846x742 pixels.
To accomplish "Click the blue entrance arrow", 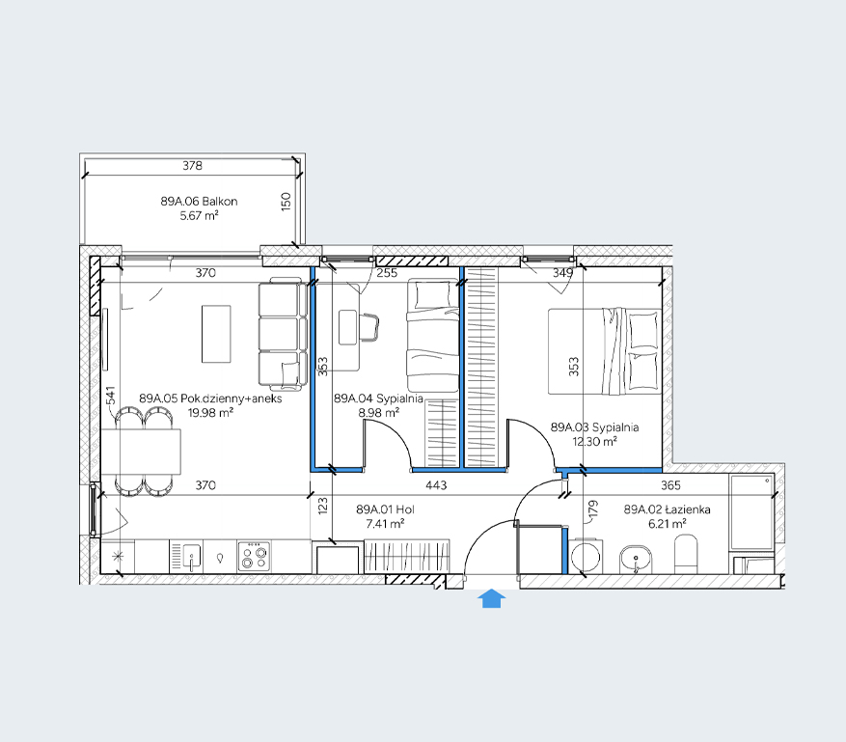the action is tap(491, 598).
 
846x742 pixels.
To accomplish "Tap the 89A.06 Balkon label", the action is tap(199, 202).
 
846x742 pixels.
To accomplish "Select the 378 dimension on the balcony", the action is tap(192, 165).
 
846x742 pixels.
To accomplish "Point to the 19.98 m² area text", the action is tap(210, 413).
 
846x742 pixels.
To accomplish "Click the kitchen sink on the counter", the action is tap(187, 557).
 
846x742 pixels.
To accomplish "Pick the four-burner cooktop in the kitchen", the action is tap(254, 557).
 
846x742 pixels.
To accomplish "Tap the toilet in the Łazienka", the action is tap(686, 554).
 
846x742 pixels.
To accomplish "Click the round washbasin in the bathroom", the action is tap(636, 560).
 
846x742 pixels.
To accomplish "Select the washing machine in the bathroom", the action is tap(586, 557).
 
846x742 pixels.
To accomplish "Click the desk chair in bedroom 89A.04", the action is tap(369, 327).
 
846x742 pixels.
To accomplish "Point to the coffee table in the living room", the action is tap(216, 334).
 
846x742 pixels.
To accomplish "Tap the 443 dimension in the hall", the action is tap(436, 485).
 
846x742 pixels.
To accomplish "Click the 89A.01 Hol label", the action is tap(385, 509).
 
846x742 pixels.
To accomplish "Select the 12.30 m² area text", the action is tap(594, 441).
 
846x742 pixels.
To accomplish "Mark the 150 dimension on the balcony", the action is tap(286, 202).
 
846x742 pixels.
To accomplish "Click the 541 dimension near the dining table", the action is tap(111, 395).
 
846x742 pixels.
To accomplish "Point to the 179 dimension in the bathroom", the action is tap(593, 510).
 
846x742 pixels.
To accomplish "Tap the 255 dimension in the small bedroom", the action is tap(387, 273).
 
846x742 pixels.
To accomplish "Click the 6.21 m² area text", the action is tap(668, 523).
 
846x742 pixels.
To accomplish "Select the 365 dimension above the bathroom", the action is tap(670, 485).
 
